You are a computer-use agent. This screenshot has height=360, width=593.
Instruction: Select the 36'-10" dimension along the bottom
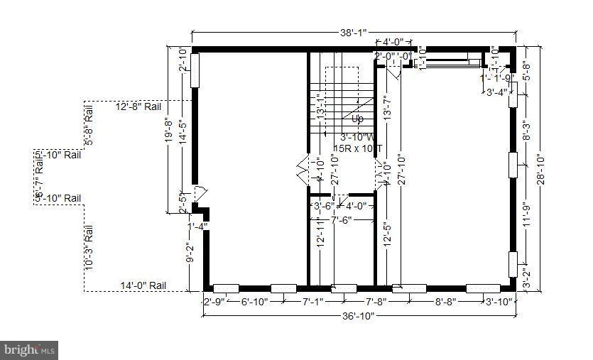click(359, 316)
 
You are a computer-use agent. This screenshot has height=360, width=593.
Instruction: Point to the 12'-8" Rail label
click(138, 107)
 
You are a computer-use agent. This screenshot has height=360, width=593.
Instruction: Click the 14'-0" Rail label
click(142, 285)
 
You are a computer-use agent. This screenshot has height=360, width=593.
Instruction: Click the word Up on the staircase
click(357, 119)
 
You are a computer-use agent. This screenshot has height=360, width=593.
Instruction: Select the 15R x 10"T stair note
click(357, 148)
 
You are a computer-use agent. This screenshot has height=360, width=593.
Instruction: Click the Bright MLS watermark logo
click(29, 350)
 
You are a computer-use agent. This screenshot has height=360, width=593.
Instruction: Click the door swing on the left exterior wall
click(200, 192)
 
